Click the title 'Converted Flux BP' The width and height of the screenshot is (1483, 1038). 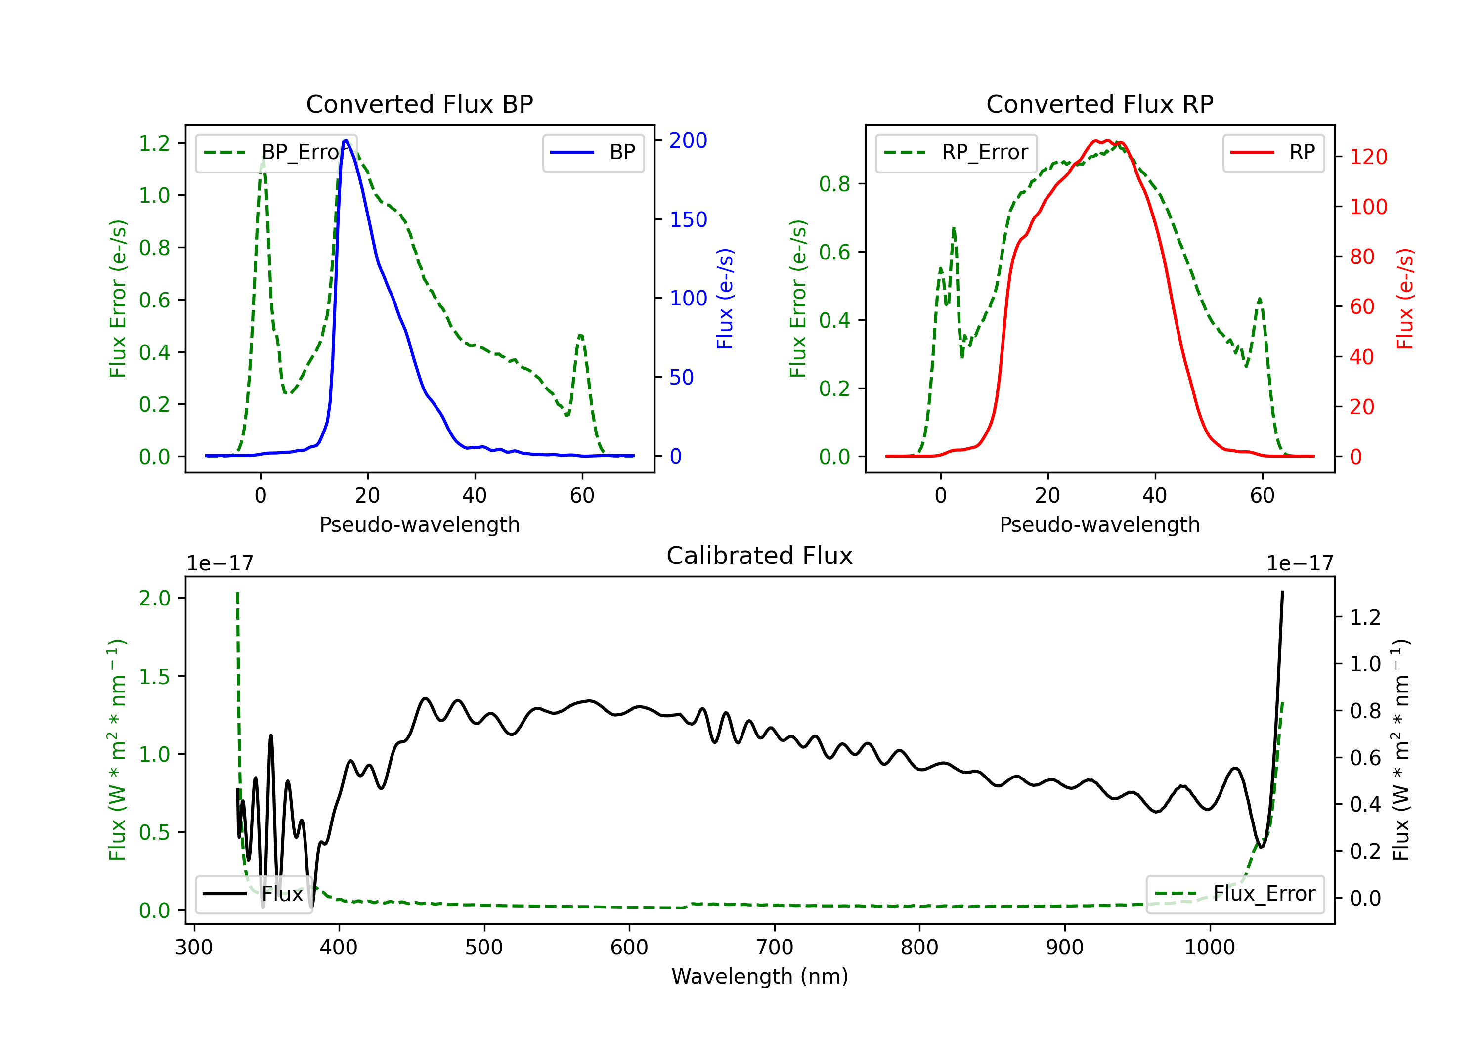coord(420,104)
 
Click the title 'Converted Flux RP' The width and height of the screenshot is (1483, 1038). coord(1100,104)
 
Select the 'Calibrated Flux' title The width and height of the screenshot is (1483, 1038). coord(760,556)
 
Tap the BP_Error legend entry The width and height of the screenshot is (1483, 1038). coord(276,152)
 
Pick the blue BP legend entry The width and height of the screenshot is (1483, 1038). coord(593,152)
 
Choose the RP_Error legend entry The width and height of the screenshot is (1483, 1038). coord(956,152)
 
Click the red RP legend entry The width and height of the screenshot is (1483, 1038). coord(1272,152)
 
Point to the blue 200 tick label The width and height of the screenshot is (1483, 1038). coord(688,140)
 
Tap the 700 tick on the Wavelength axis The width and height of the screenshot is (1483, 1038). coord(775,948)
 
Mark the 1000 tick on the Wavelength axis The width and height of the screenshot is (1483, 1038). coord(1210,948)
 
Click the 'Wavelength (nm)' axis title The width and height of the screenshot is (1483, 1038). coord(760,976)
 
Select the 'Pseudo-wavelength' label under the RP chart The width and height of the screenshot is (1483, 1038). coord(1100,524)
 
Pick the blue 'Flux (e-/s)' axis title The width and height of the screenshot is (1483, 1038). coord(725,299)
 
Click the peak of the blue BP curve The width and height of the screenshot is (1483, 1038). coord(346,140)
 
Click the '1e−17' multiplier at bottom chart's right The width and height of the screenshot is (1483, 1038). coord(1300,563)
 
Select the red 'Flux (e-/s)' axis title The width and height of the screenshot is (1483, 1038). coord(1405,299)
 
